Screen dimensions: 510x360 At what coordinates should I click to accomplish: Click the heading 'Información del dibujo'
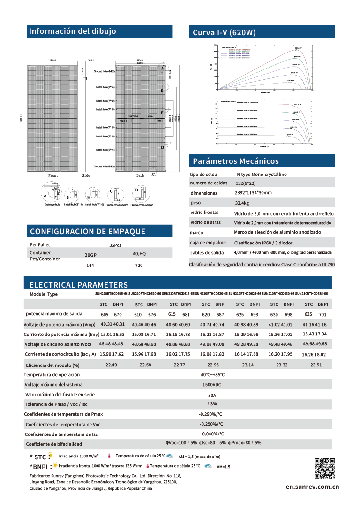[x=73, y=31]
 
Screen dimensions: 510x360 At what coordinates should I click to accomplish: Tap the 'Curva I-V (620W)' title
[x=224, y=32]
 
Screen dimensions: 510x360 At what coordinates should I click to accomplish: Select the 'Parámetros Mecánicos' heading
[x=236, y=161]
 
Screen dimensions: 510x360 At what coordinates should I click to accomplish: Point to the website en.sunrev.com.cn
[x=312, y=487]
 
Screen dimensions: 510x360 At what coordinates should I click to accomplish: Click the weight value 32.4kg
[x=242, y=204]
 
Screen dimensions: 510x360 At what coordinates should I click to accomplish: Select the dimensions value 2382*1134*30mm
[x=253, y=193]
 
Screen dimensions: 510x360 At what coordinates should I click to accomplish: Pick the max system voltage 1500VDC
[x=212, y=385]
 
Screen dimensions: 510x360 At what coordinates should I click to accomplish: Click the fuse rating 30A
[x=212, y=395]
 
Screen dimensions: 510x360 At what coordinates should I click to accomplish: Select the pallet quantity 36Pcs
[x=115, y=245]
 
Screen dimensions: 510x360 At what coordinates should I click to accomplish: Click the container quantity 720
[x=139, y=265]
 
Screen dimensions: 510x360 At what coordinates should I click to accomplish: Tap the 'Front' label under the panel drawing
[x=53, y=175]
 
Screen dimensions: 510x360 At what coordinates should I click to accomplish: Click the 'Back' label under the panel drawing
[x=140, y=175]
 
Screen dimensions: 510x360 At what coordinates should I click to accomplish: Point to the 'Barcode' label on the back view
[x=134, y=115]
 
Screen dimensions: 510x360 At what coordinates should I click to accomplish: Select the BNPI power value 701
[x=322, y=314]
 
